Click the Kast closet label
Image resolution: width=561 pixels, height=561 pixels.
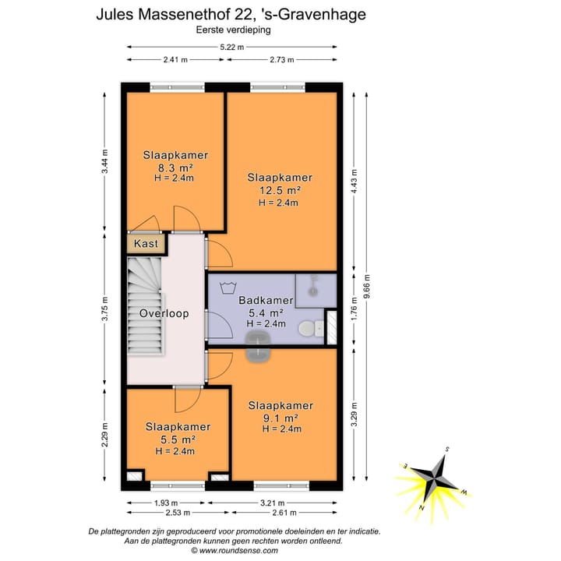tap(146, 244)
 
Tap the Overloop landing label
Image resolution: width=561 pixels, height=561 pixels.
tap(164, 313)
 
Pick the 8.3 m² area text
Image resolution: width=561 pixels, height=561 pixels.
tap(175, 167)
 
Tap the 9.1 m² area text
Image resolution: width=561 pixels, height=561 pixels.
tap(280, 418)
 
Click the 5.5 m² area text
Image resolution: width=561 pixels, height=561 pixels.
tap(178, 439)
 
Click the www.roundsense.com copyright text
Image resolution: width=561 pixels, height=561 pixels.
tap(235, 550)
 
